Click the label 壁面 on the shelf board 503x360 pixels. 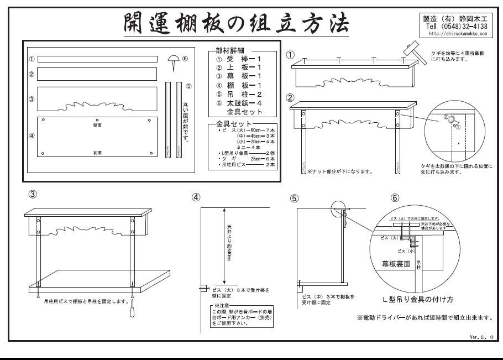tap(98, 126)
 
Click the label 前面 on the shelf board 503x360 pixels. tap(98, 151)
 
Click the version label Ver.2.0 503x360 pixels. tap(481, 336)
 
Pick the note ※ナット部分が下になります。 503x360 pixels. tap(339, 171)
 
